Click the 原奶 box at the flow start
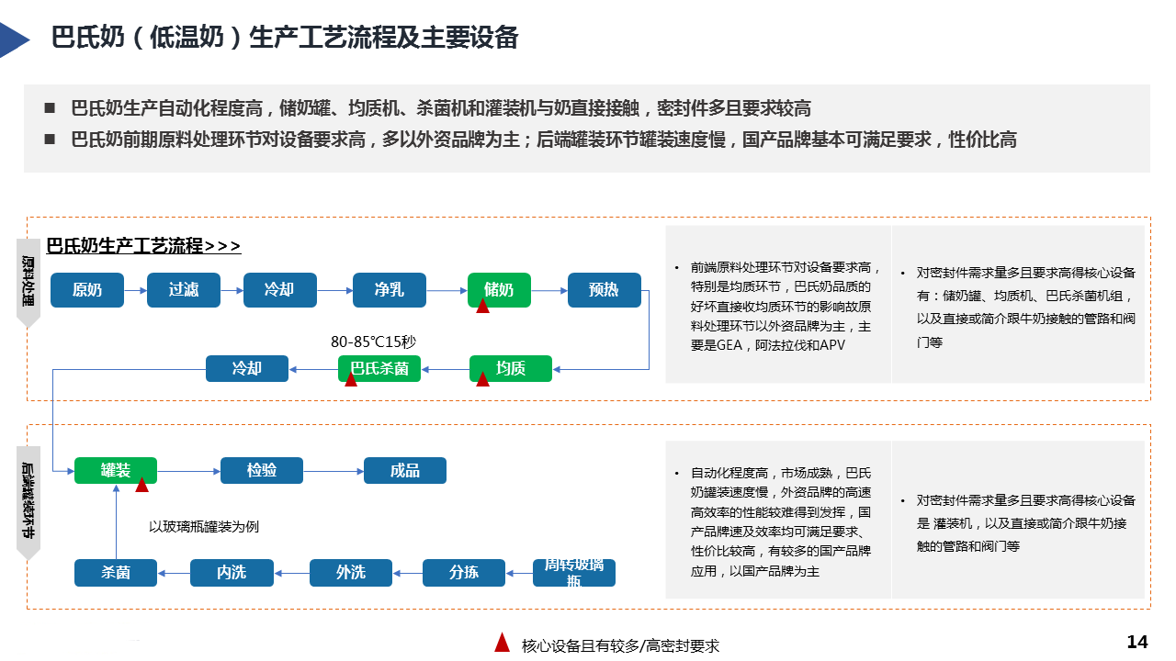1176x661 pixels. point(87,290)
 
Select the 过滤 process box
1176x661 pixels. point(184,290)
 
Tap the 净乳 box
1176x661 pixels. point(390,290)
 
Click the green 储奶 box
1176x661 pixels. point(499,289)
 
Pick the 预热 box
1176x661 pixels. point(604,290)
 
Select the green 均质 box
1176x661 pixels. point(511,368)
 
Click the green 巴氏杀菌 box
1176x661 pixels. point(379,369)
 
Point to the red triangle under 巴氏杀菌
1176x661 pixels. point(351,379)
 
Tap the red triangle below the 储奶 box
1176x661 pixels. point(482,305)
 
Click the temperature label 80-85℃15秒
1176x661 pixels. point(374,342)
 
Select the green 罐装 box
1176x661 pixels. point(116,470)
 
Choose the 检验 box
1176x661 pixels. point(262,470)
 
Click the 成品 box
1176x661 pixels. point(405,470)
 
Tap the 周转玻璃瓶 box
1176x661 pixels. point(574,572)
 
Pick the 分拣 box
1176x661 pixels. point(464,572)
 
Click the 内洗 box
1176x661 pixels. point(232,572)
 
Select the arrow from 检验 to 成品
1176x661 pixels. point(334,471)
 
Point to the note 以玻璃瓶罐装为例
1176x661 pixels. point(204,526)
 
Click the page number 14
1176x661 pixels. point(1137,642)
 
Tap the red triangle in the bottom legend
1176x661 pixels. point(502,643)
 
